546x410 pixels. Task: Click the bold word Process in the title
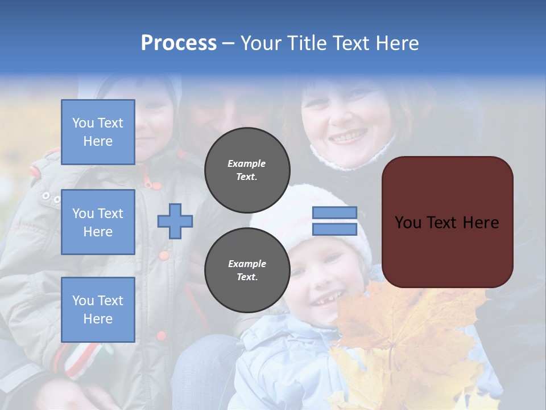(179, 43)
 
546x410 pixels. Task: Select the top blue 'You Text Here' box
(98, 132)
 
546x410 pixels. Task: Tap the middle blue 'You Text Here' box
(98, 222)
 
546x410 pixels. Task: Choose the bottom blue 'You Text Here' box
(98, 309)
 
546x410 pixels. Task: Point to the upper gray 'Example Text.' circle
(247, 170)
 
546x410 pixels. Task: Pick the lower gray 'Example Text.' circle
(247, 270)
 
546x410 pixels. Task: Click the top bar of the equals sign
(334, 213)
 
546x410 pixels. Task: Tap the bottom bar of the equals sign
(334, 229)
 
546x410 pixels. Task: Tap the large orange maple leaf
(398, 330)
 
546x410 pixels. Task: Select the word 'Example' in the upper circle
(247, 163)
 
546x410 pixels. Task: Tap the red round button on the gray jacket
(164, 256)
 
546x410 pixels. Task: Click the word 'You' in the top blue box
(83, 123)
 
